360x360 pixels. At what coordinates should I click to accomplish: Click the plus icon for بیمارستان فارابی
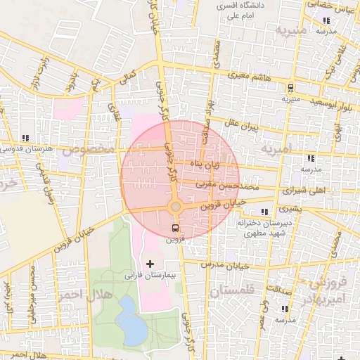[x=150, y=263]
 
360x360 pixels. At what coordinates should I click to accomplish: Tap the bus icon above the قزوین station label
[x=175, y=228]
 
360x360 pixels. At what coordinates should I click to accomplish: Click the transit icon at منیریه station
[x=290, y=87]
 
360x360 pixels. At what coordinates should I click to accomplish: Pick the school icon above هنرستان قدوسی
[x=26, y=138]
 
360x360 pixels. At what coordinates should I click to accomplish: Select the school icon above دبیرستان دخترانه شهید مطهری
[x=264, y=212]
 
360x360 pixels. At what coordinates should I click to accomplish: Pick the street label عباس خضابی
[x=326, y=4]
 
